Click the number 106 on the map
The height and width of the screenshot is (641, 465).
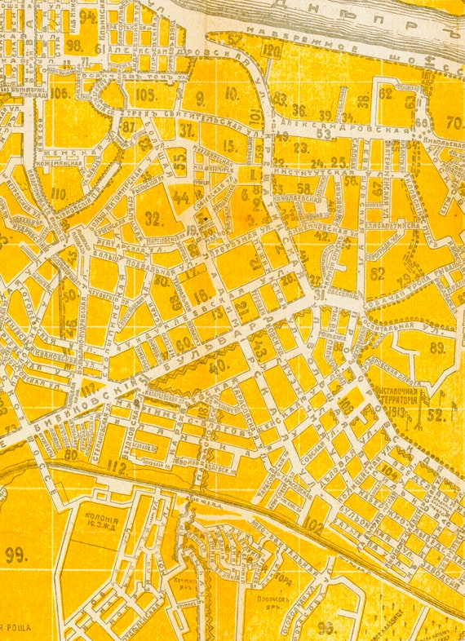tap(59, 93)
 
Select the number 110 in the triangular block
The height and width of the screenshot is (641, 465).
tap(58, 194)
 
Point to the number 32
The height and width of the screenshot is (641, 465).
tap(153, 218)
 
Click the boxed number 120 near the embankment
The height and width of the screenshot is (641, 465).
tap(272, 51)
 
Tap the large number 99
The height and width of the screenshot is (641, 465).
tap(15, 555)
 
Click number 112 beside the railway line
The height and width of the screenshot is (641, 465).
tap(117, 468)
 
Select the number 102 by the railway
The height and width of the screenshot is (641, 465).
tap(314, 528)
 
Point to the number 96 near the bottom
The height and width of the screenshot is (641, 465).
tap(326, 626)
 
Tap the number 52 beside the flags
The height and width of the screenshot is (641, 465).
tap(436, 414)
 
